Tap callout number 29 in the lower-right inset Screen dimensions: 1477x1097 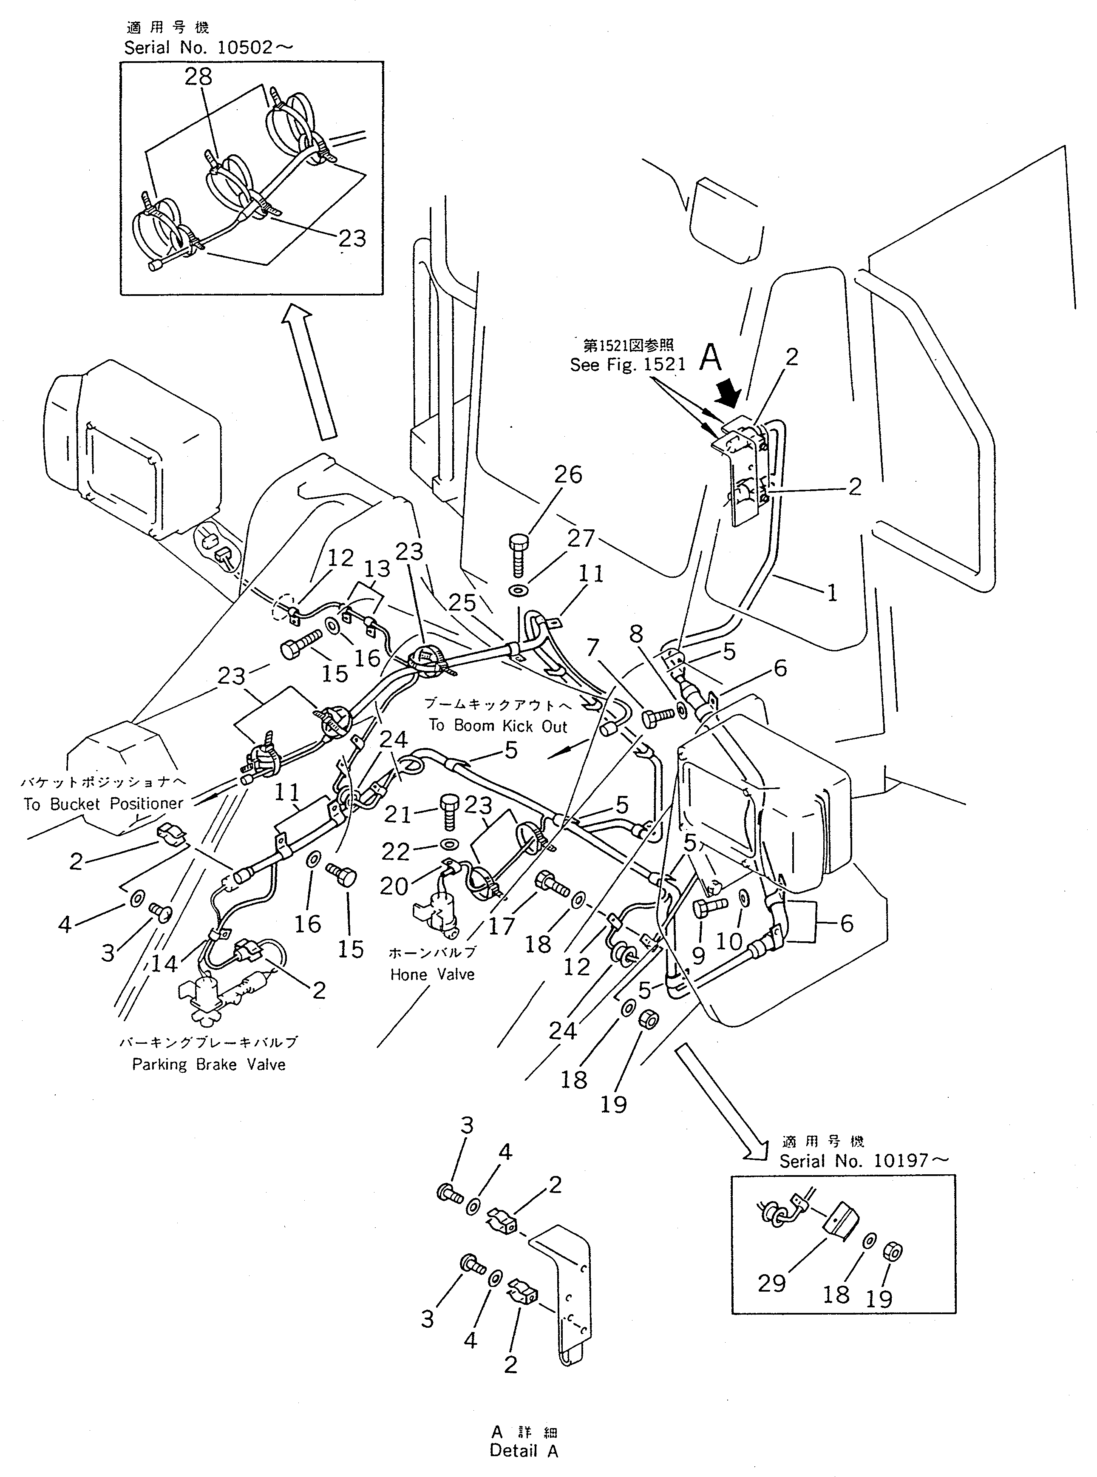tap(771, 1283)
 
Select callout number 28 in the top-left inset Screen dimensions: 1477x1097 tap(198, 77)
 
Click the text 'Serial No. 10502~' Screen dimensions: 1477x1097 tap(208, 48)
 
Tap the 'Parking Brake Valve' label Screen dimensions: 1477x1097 tap(209, 1065)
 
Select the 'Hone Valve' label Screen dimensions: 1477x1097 tap(432, 974)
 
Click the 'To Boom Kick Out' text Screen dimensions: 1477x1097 tap(497, 725)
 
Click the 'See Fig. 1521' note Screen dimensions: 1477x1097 tap(627, 365)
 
